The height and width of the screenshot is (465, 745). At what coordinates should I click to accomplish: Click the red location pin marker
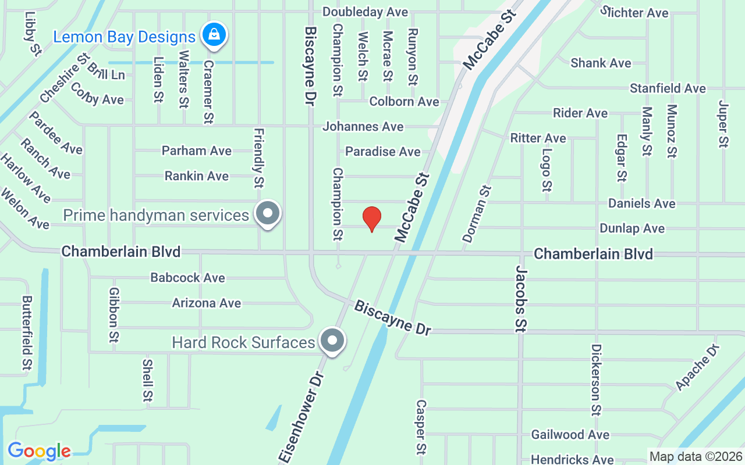click(x=372, y=219)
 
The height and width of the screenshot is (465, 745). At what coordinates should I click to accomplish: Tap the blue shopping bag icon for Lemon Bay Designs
click(x=214, y=34)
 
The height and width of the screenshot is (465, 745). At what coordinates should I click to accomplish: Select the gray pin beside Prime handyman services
click(x=268, y=213)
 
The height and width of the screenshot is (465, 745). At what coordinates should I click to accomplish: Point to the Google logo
click(x=39, y=451)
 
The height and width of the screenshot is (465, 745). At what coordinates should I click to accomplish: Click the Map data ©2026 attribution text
click(x=696, y=456)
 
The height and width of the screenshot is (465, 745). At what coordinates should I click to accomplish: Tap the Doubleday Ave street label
click(x=365, y=12)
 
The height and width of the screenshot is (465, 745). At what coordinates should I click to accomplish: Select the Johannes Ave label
click(x=363, y=126)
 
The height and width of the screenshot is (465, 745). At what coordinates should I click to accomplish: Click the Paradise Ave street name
click(x=382, y=152)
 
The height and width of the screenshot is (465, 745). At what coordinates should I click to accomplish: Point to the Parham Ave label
click(x=197, y=151)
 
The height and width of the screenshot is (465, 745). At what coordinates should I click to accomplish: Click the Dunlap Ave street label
click(x=632, y=228)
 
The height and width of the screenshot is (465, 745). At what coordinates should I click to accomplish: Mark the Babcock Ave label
click(x=187, y=278)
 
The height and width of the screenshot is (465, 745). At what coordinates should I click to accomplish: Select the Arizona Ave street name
click(x=206, y=303)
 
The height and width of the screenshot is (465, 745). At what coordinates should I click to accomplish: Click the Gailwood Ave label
click(x=570, y=435)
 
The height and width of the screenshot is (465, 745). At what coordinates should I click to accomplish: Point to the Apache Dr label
click(x=697, y=367)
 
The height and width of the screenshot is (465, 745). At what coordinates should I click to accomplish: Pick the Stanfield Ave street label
click(x=668, y=88)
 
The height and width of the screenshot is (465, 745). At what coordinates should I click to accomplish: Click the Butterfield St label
click(x=27, y=332)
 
